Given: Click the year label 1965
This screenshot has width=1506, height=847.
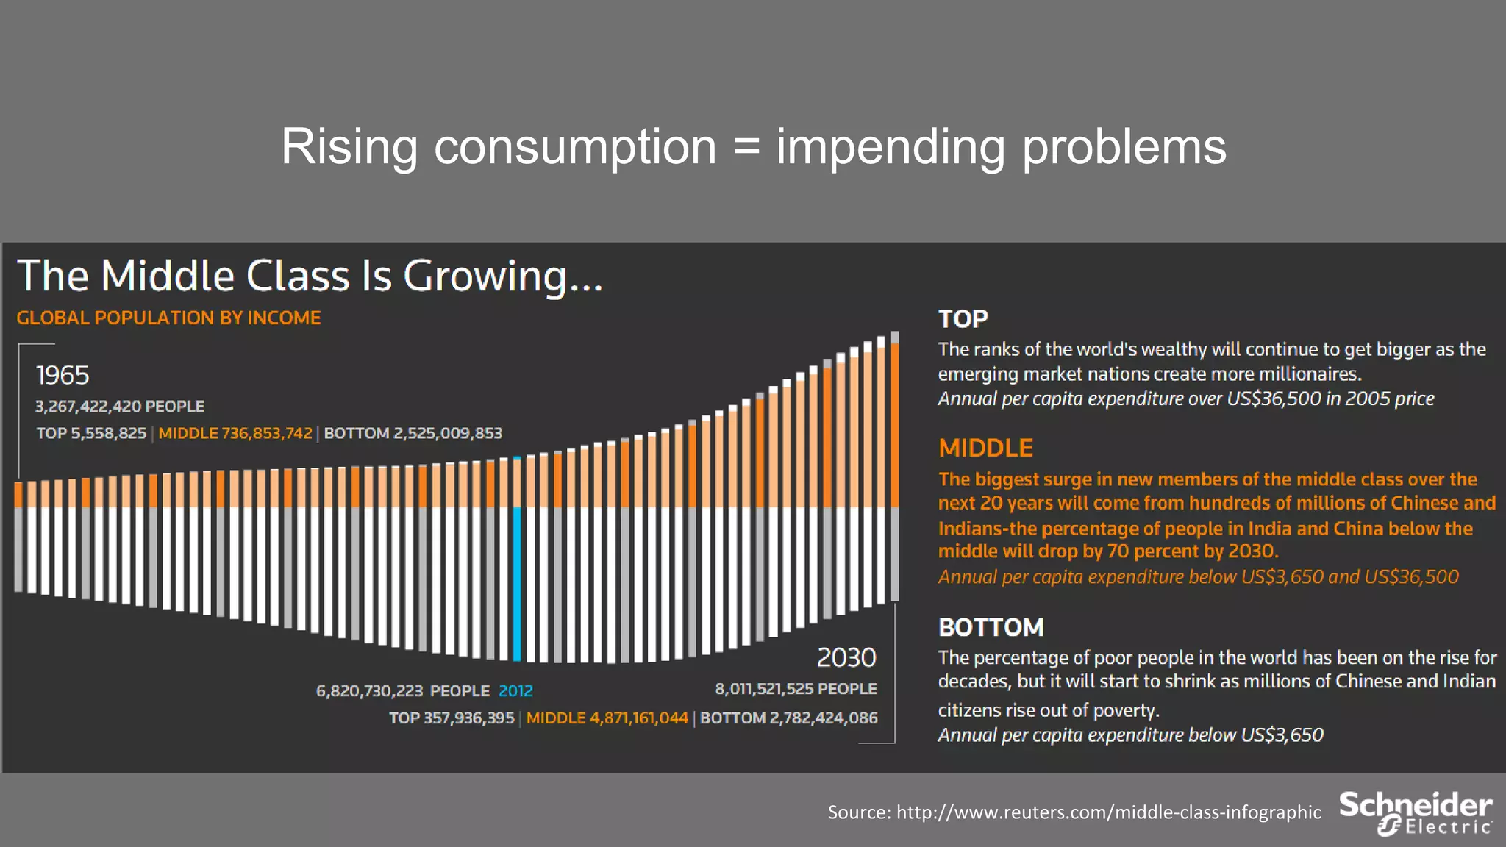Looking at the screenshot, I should coord(63,376).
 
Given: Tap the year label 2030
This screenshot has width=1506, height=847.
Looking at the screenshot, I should coord(846,657).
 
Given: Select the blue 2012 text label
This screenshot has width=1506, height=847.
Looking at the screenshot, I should coord(515,691).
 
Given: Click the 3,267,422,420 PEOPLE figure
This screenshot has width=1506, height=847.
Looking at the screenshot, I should coord(120,407).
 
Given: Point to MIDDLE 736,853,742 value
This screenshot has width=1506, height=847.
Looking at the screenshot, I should coord(235,434).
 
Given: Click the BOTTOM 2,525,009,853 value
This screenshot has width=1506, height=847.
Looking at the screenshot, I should coord(413,434).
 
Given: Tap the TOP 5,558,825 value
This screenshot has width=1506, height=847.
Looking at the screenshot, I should coord(91,434).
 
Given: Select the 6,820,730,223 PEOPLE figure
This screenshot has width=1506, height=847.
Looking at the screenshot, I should coord(402,691).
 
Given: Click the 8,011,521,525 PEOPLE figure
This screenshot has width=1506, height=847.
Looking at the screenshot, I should coord(796,689).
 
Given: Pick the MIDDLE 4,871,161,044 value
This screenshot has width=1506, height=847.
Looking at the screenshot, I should coord(607,718).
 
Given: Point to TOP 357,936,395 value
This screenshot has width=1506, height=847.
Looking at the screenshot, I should coord(452,718).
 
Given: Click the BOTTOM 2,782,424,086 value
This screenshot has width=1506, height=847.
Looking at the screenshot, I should coord(789,718).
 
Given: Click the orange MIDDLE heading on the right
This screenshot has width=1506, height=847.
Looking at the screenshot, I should coord(985,448).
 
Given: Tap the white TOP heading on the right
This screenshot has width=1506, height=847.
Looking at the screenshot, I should coord(963,319).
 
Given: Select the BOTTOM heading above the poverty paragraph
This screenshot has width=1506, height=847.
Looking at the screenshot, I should coord(991,627).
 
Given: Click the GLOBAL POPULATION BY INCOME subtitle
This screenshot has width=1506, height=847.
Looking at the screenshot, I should coord(168,318).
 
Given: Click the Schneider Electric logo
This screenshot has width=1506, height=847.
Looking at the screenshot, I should coord(1416,813).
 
